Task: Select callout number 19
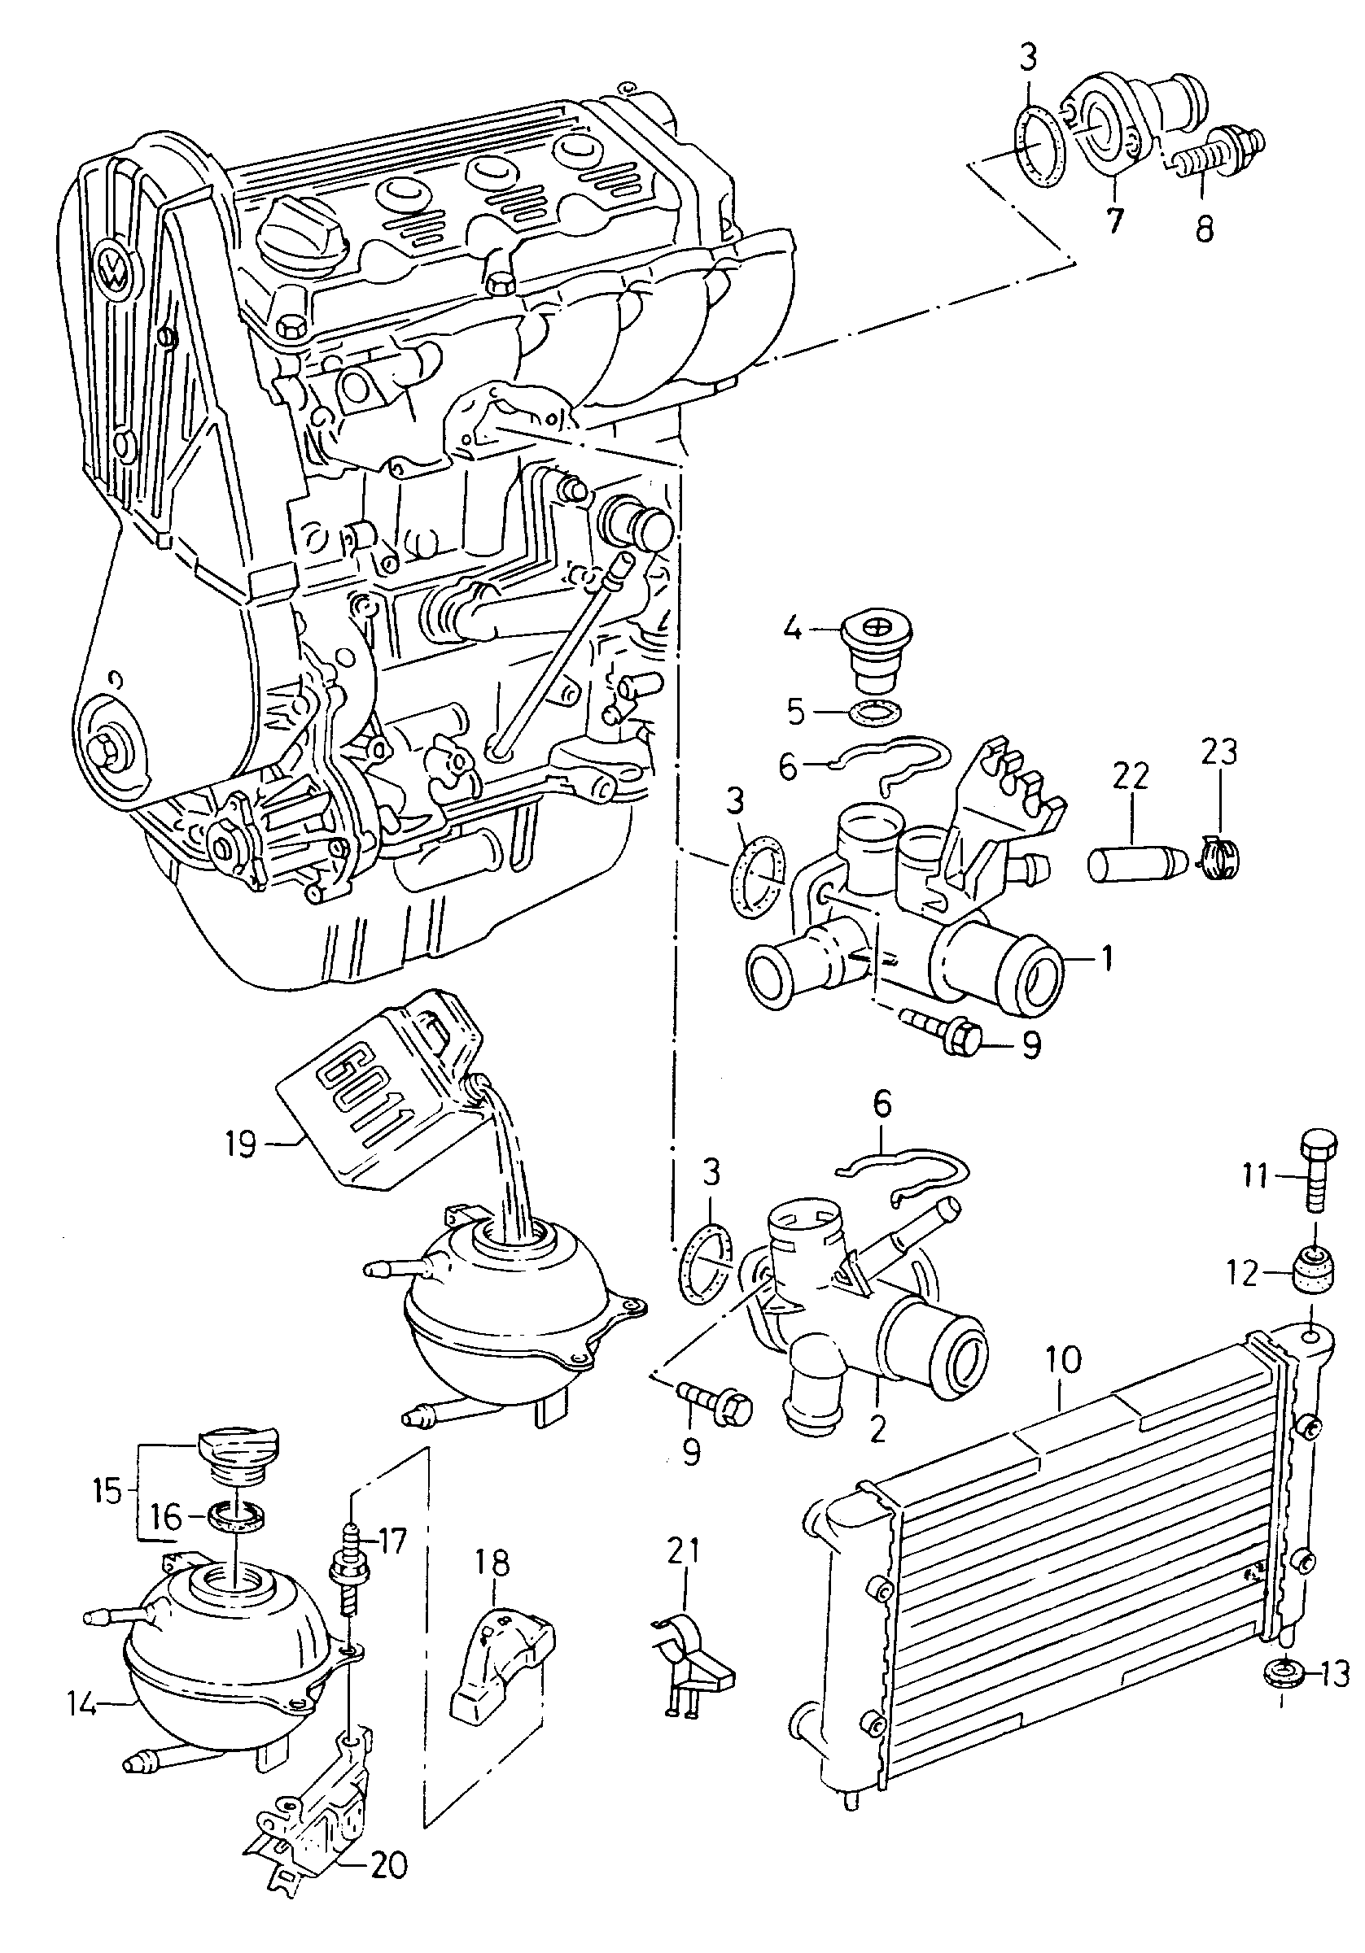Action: click(x=240, y=1143)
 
